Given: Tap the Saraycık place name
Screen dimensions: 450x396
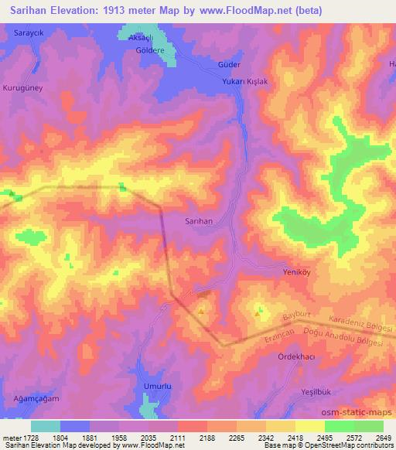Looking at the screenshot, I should click(x=30, y=35).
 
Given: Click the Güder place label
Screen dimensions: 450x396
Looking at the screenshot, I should click(x=230, y=65).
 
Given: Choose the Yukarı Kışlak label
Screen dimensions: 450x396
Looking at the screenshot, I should click(x=244, y=82).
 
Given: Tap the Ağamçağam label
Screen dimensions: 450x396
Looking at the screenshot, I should click(x=36, y=399).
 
